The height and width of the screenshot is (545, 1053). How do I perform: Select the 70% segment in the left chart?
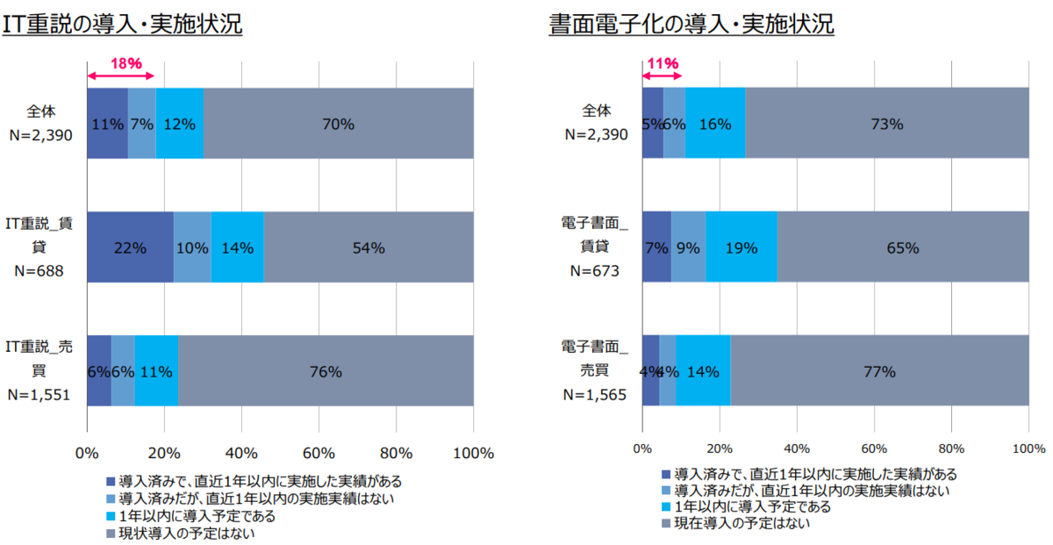[x=338, y=124]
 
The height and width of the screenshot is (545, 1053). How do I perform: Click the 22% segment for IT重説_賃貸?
[x=130, y=247]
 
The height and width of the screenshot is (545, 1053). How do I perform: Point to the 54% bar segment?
[x=369, y=247]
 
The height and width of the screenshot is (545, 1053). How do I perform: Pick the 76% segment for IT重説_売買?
[x=326, y=371]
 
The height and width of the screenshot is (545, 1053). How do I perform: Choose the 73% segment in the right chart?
[x=887, y=124]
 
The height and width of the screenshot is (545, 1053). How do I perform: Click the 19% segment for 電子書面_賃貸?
[x=741, y=247]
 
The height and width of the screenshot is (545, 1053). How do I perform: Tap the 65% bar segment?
[x=902, y=247]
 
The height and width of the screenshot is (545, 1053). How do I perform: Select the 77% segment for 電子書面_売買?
[x=879, y=371]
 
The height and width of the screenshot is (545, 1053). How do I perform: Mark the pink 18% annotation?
[x=125, y=62]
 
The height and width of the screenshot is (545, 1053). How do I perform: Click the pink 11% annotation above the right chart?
[x=663, y=62]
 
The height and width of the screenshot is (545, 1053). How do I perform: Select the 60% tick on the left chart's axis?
[x=319, y=453]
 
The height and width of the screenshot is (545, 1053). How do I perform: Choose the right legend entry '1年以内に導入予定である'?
[x=746, y=506]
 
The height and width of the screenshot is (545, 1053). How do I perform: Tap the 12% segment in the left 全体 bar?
[x=179, y=124]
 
